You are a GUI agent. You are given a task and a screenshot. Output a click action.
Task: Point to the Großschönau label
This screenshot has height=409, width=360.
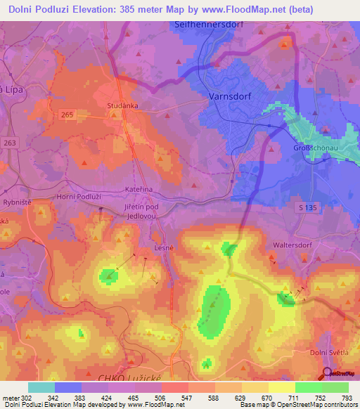(314, 149)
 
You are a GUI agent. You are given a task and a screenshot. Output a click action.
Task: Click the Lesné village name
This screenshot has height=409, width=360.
(163, 248)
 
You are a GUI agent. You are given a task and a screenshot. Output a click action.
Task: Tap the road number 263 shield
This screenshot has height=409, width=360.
(8, 141)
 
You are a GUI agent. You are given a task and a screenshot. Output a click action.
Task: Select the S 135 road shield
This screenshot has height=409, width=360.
(303, 207)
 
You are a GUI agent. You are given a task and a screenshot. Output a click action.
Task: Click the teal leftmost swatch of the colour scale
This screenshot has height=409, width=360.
(41, 387)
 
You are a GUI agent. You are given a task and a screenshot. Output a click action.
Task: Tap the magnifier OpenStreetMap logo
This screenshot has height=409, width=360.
(328, 374)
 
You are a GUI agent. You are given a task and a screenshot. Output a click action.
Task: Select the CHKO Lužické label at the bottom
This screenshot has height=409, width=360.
(133, 380)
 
